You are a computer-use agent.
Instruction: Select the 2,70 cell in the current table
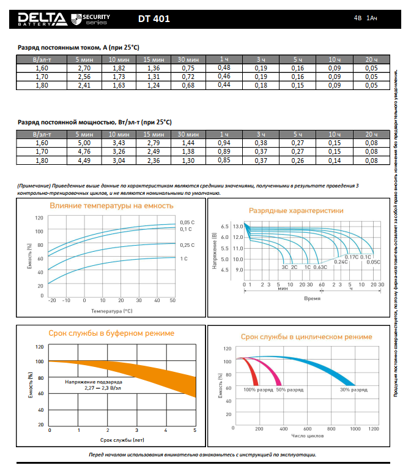click(84, 67)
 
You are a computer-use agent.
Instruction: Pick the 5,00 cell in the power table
click(84, 143)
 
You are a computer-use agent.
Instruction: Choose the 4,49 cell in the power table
click(84, 160)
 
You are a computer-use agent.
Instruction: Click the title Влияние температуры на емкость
click(111, 206)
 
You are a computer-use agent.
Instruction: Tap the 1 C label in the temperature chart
click(184, 259)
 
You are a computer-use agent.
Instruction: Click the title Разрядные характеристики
click(296, 210)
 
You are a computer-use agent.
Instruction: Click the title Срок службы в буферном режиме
click(111, 333)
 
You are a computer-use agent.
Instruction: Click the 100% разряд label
click(257, 390)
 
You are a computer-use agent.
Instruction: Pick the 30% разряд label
click(354, 390)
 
